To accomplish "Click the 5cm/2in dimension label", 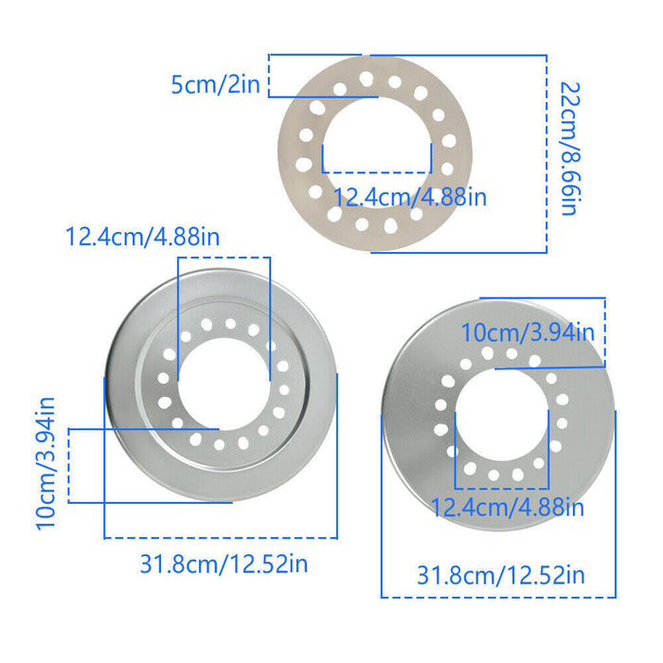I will point(214,84).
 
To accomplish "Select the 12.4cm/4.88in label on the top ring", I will point(410,197).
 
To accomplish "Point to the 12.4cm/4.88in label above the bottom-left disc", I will point(142,236).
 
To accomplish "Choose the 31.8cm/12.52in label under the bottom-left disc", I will point(224,564).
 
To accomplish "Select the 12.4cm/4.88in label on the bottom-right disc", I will point(508,507).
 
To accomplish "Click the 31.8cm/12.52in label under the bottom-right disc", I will point(501,575).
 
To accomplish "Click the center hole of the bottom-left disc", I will point(219,384).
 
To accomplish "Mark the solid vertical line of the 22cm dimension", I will point(547,152).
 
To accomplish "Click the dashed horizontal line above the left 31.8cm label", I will point(220,538).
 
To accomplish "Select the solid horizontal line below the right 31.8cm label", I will point(498,597).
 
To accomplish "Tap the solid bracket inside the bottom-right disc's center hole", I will point(501,464).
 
